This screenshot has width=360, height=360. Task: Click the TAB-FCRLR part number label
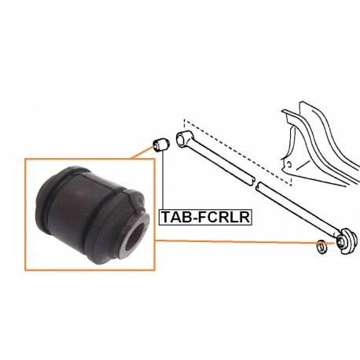click(205, 217)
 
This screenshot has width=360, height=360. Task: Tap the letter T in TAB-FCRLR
click(167, 217)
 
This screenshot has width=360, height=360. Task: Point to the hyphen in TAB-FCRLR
click(196, 219)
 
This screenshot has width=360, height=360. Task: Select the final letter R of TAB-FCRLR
click(244, 217)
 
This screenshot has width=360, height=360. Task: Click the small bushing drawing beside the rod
click(161, 144)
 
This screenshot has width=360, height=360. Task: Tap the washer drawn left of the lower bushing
click(321, 246)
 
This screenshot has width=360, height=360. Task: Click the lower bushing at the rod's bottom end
click(346, 241)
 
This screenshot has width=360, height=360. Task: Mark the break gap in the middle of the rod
click(255, 183)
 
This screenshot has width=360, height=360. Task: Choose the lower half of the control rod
click(299, 210)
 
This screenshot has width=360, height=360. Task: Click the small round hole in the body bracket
click(288, 165)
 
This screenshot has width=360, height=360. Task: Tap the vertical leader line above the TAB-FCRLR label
click(163, 180)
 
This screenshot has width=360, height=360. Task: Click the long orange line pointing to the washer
click(245, 242)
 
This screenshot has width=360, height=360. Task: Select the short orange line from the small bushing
click(141, 152)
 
